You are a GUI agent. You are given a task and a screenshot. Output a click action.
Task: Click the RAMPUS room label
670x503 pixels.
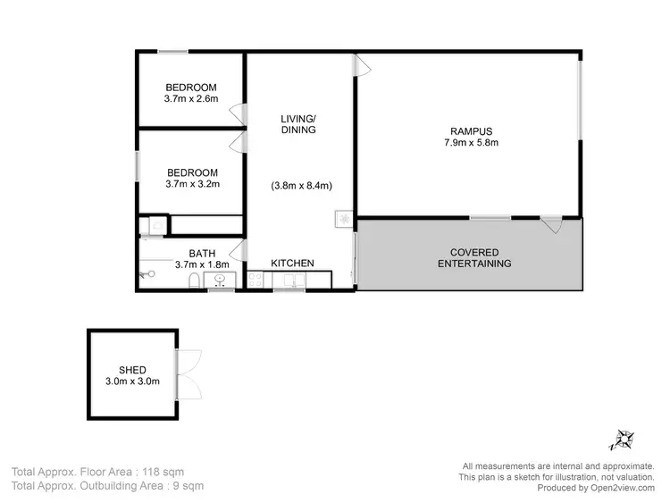coord(470,130)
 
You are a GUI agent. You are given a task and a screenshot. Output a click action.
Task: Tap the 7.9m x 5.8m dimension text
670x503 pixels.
coord(470,142)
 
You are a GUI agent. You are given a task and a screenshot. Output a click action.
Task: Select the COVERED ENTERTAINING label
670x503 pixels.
coord(473,257)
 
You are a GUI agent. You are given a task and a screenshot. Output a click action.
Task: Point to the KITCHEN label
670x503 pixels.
coord(292,263)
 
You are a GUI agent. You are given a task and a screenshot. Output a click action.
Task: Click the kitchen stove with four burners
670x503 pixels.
coord(255,281)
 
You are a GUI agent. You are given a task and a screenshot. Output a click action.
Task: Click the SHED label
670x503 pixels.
coord(132,370)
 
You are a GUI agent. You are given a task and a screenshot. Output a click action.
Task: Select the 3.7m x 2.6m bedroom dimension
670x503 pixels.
coord(191,99)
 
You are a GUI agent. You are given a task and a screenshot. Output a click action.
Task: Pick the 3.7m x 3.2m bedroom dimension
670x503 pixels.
coord(191,184)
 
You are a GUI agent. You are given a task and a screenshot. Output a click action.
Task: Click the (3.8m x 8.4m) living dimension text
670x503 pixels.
coord(301,186)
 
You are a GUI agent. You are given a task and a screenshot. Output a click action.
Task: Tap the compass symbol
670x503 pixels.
coord(623,439)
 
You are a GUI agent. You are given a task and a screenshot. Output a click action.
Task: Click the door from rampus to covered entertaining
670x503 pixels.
coord(551,224)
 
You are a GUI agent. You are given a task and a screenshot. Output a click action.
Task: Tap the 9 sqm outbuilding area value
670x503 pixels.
coord(186,486)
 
